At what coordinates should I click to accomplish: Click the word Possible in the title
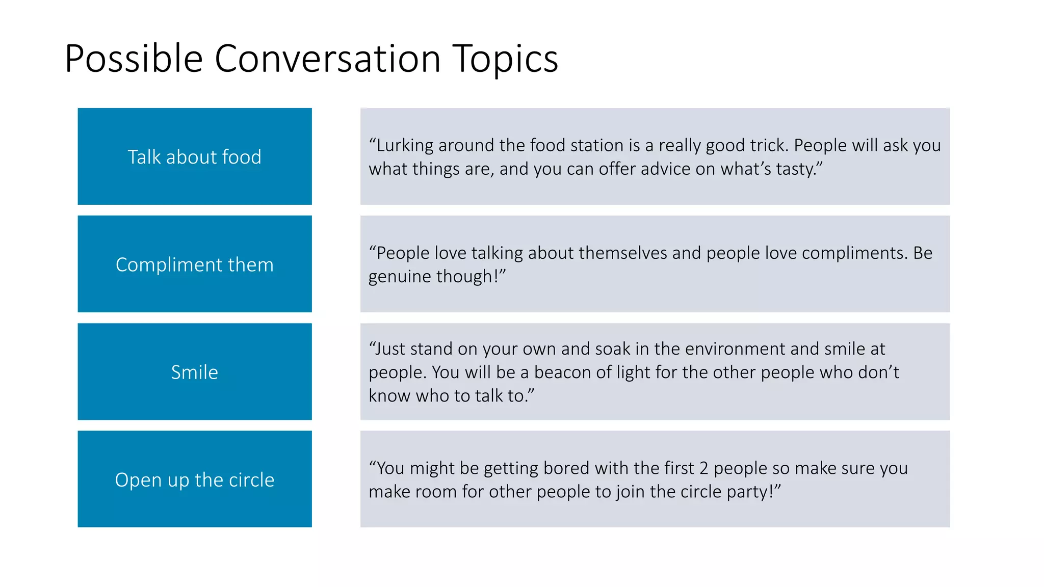pyautogui.click(x=134, y=59)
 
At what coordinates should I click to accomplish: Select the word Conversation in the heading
pyautogui.click(x=327, y=59)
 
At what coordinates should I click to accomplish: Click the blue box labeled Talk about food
pyautogui.click(x=194, y=156)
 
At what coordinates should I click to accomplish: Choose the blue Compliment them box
pyautogui.click(x=194, y=264)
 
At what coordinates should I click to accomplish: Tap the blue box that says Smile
pyautogui.click(x=194, y=371)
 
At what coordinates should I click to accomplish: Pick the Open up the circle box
pyautogui.click(x=194, y=479)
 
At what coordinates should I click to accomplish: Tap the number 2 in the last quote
pyautogui.click(x=703, y=468)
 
